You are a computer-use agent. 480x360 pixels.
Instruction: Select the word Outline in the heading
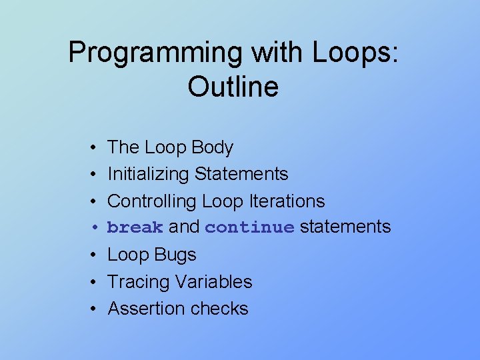[x=233, y=87]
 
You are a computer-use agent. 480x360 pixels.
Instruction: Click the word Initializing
[x=148, y=174]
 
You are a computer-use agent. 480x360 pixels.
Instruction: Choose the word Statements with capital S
[x=241, y=174]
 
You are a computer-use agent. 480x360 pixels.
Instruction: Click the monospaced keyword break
[x=135, y=227]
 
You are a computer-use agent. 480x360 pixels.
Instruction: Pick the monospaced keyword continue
[x=249, y=227]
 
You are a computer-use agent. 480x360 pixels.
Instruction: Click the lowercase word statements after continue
[x=345, y=227]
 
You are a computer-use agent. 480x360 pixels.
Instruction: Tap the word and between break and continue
[x=184, y=227]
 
